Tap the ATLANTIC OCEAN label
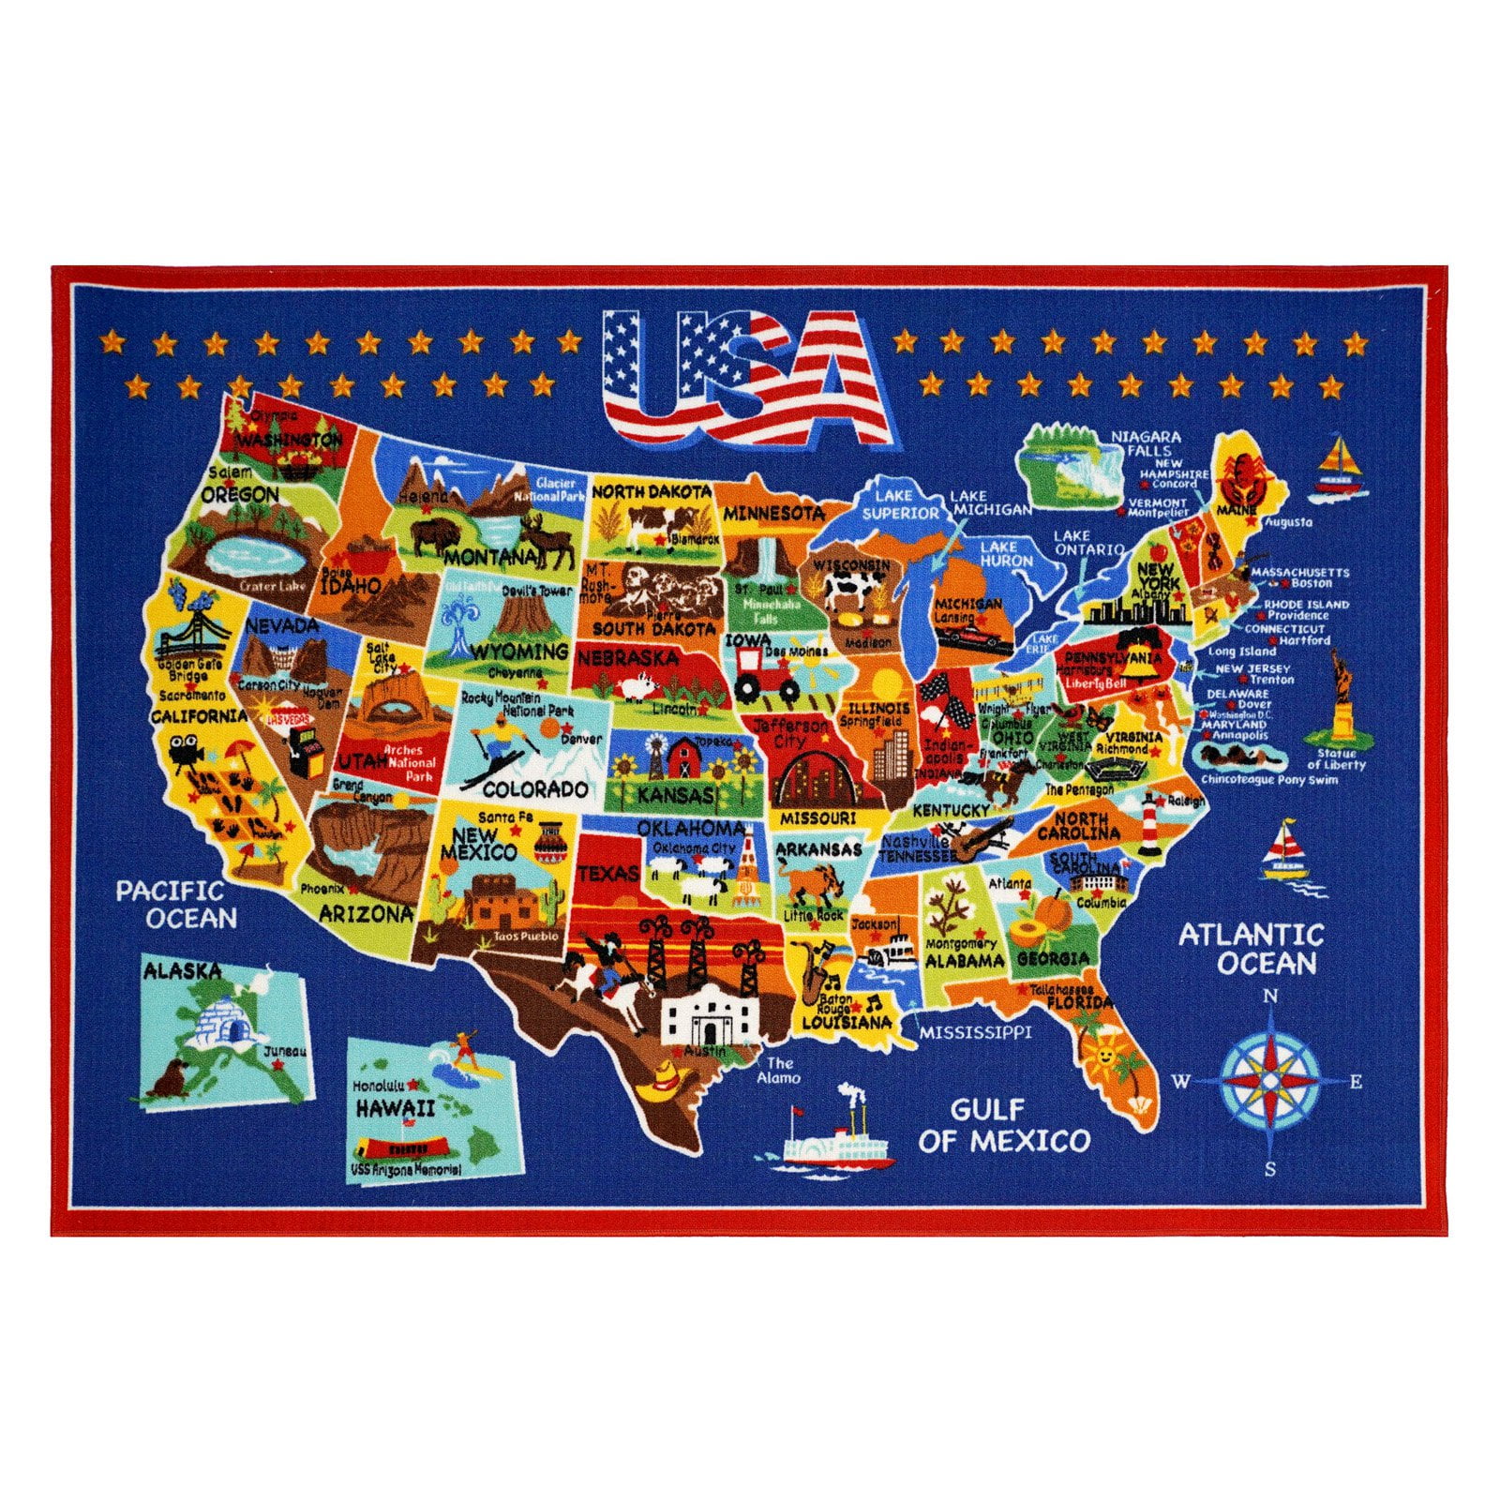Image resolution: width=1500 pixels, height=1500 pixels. (1252, 948)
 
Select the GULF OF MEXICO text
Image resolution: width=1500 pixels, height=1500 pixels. (1004, 1126)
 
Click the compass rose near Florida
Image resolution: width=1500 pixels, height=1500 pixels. (1270, 1080)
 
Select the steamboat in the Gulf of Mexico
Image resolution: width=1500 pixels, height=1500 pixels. (835, 1136)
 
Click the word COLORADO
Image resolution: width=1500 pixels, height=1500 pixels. (535, 789)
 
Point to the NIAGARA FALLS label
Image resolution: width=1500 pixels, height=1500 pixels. (1146, 443)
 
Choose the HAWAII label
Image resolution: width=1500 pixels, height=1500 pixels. (395, 1108)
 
